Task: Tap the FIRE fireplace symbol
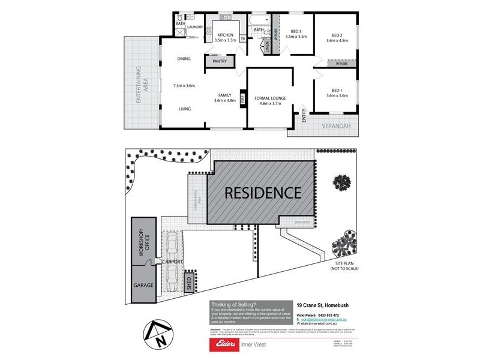[242, 98]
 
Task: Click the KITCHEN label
[225, 35]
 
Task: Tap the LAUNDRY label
[195, 27]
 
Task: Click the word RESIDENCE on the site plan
[263, 193]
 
